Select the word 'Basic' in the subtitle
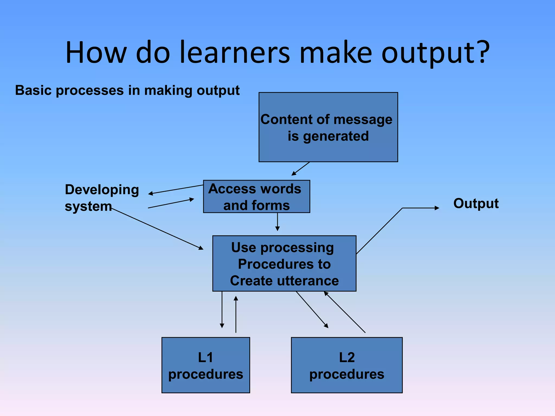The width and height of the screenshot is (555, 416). [33, 90]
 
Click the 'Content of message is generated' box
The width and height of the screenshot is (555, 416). [328, 127]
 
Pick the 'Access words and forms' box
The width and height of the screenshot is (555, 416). [256, 197]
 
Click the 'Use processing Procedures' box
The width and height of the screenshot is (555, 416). [284, 264]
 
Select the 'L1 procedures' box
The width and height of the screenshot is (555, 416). [206, 365]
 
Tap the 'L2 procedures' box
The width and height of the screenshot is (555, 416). [347, 365]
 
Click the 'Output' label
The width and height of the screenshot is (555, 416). [476, 203]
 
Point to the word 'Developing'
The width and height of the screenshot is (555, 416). [102, 190]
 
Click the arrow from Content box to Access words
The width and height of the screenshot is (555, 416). [301, 169]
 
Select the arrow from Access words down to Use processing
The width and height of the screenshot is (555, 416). [277, 222]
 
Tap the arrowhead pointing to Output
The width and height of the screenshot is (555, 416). [437, 208]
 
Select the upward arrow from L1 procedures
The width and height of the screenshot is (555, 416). [236, 314]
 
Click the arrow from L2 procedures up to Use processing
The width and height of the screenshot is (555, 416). [344, 312]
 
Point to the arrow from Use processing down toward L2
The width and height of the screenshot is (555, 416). [312, 310]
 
